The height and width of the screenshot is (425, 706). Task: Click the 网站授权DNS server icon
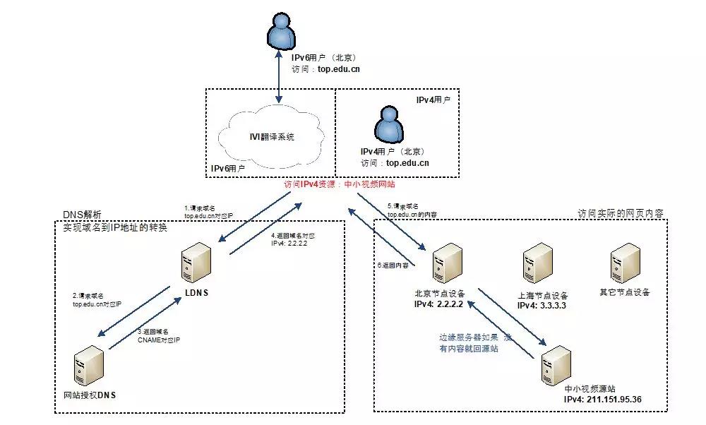tap(88, 367)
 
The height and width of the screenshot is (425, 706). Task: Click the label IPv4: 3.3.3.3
tap(542, 306)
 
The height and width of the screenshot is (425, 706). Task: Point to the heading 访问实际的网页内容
tap(621, 213)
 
